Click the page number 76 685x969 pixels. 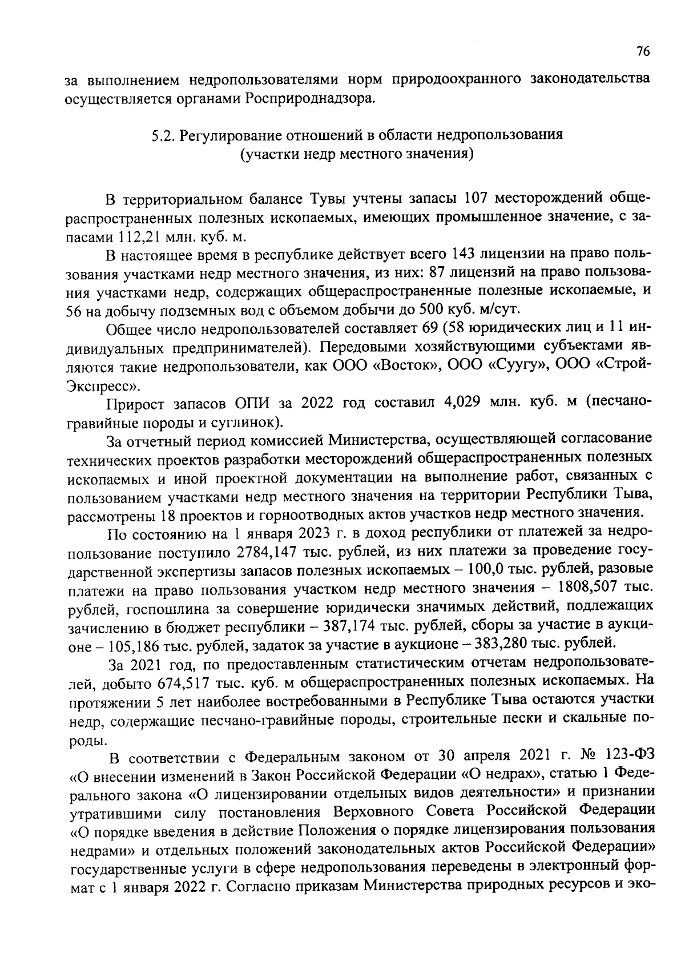643,51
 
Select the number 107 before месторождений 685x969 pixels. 477,198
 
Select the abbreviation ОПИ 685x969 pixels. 252,403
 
